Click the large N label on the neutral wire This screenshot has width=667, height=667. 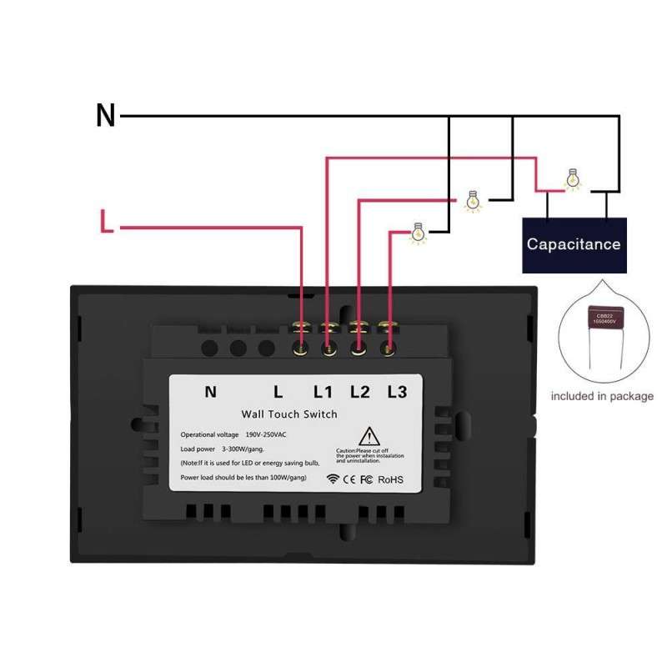coord(106,116)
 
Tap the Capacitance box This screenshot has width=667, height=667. coord(574,244)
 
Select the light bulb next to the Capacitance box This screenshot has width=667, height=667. coord(572,178)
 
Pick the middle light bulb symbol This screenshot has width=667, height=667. coord(473,201)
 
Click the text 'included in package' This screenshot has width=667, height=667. coord(603,396)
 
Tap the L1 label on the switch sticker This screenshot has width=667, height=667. coord(323,391)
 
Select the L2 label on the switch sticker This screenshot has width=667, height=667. coord(359,391)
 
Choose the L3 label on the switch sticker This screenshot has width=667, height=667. coord(396,391)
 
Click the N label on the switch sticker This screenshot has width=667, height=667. coord(210,391)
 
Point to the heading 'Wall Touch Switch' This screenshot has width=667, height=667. coord(289,414)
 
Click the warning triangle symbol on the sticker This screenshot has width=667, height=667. coord(369,437)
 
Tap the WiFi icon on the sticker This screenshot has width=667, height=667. coord(333,479)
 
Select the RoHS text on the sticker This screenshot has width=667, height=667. coord(390,479)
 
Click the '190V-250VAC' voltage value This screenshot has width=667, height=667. coord(267,435)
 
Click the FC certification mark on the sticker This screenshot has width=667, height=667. coord(365,479)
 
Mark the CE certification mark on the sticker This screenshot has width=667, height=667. coord(349,479)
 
